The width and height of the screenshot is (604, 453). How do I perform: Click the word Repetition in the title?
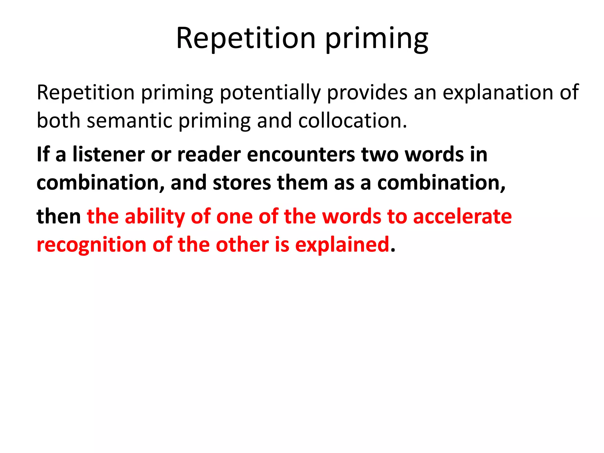246,38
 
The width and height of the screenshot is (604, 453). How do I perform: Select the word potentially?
270,93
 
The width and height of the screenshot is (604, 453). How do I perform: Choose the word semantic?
129,121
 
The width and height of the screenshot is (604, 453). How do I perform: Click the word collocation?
352,121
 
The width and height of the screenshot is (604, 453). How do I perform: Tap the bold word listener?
109,155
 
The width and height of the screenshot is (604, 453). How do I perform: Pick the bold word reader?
209,155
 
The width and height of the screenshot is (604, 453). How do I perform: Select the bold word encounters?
301,155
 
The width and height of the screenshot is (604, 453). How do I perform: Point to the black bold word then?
59,216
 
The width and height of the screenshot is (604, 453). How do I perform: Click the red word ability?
155,217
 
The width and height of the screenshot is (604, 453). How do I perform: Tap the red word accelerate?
462,216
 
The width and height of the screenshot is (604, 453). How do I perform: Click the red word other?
242,245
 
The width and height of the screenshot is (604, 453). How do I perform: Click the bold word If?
43,155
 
